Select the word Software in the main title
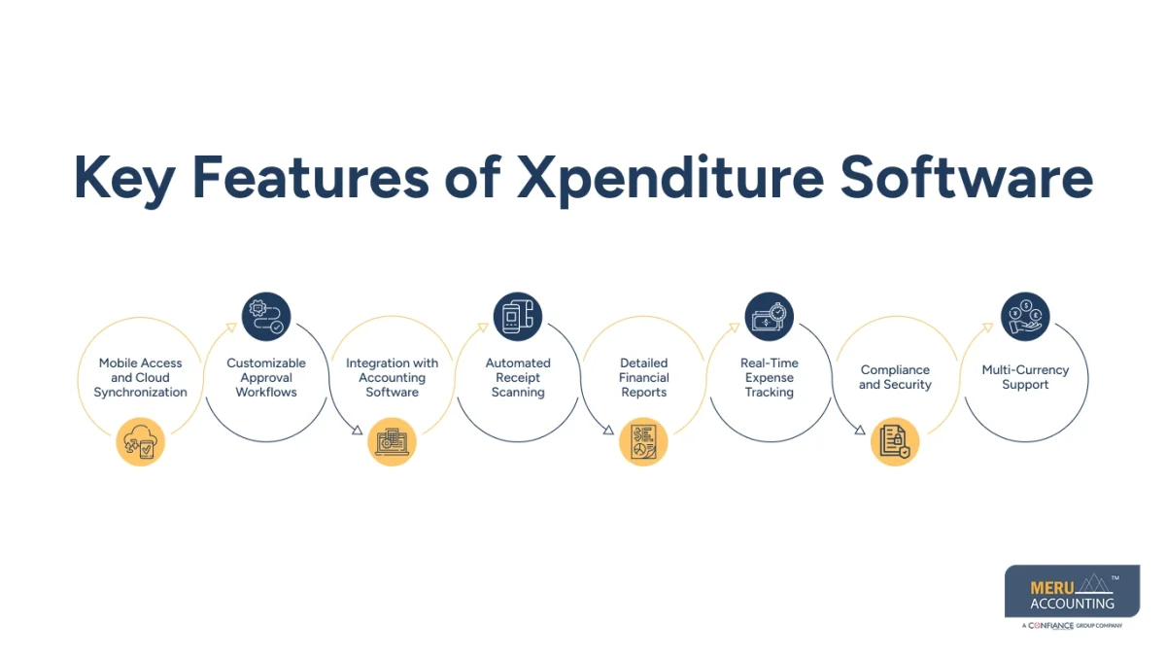pos(966,178)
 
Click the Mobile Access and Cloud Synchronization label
pos(140,378)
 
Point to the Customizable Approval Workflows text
pos(266,378)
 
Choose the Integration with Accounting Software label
pos(393,378)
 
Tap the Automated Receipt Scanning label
pos(518,378)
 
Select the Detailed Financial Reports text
pos(643,378)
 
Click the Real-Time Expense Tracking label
pos(770,378)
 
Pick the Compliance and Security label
pos(895,377)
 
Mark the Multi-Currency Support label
pos(1025,377)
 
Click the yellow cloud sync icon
pos(140,442)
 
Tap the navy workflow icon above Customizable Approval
pos(266,317)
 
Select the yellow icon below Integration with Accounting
pos(393,442)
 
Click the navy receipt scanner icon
pos(518,317)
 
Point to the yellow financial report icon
pos(643,442)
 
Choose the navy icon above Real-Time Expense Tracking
pos(770,317)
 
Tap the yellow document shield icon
pos(895,442)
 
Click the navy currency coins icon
pos(1025,317)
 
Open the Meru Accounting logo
pos(1073,596)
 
